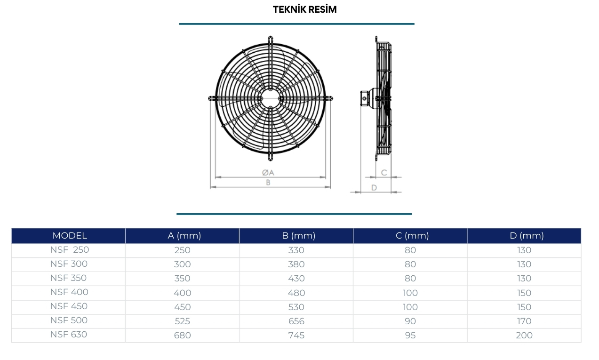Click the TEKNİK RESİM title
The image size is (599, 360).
pyautogui.click(x=304, y=9)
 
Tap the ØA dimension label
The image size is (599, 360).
pyautogui.click(x=268, y=173)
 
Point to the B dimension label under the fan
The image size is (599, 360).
pyautogui.click(x=268, y=183)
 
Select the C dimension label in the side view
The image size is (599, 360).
pyautogui.click(x=384, y=173)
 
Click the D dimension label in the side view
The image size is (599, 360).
pyautogui.click(x=374, y=187)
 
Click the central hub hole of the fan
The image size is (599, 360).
pyautogui.click(x=271, y=98)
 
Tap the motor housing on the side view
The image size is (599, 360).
pyautogui.click(x=368, y=98)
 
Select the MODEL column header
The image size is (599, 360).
pyautogui.click(x=70, y=236)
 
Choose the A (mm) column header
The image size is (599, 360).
pyautogui.click(x=184, y=236)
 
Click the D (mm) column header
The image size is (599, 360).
pyautogui.click(x=527, y=236)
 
